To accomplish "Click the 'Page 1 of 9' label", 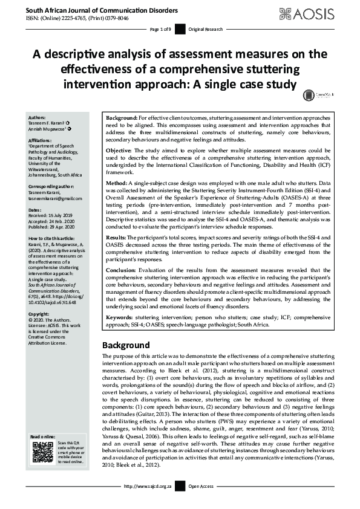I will point(162,29).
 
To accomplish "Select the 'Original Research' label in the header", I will point(206,29).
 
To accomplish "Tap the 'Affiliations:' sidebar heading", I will point(41,140).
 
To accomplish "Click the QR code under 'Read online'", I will point(42,452).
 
